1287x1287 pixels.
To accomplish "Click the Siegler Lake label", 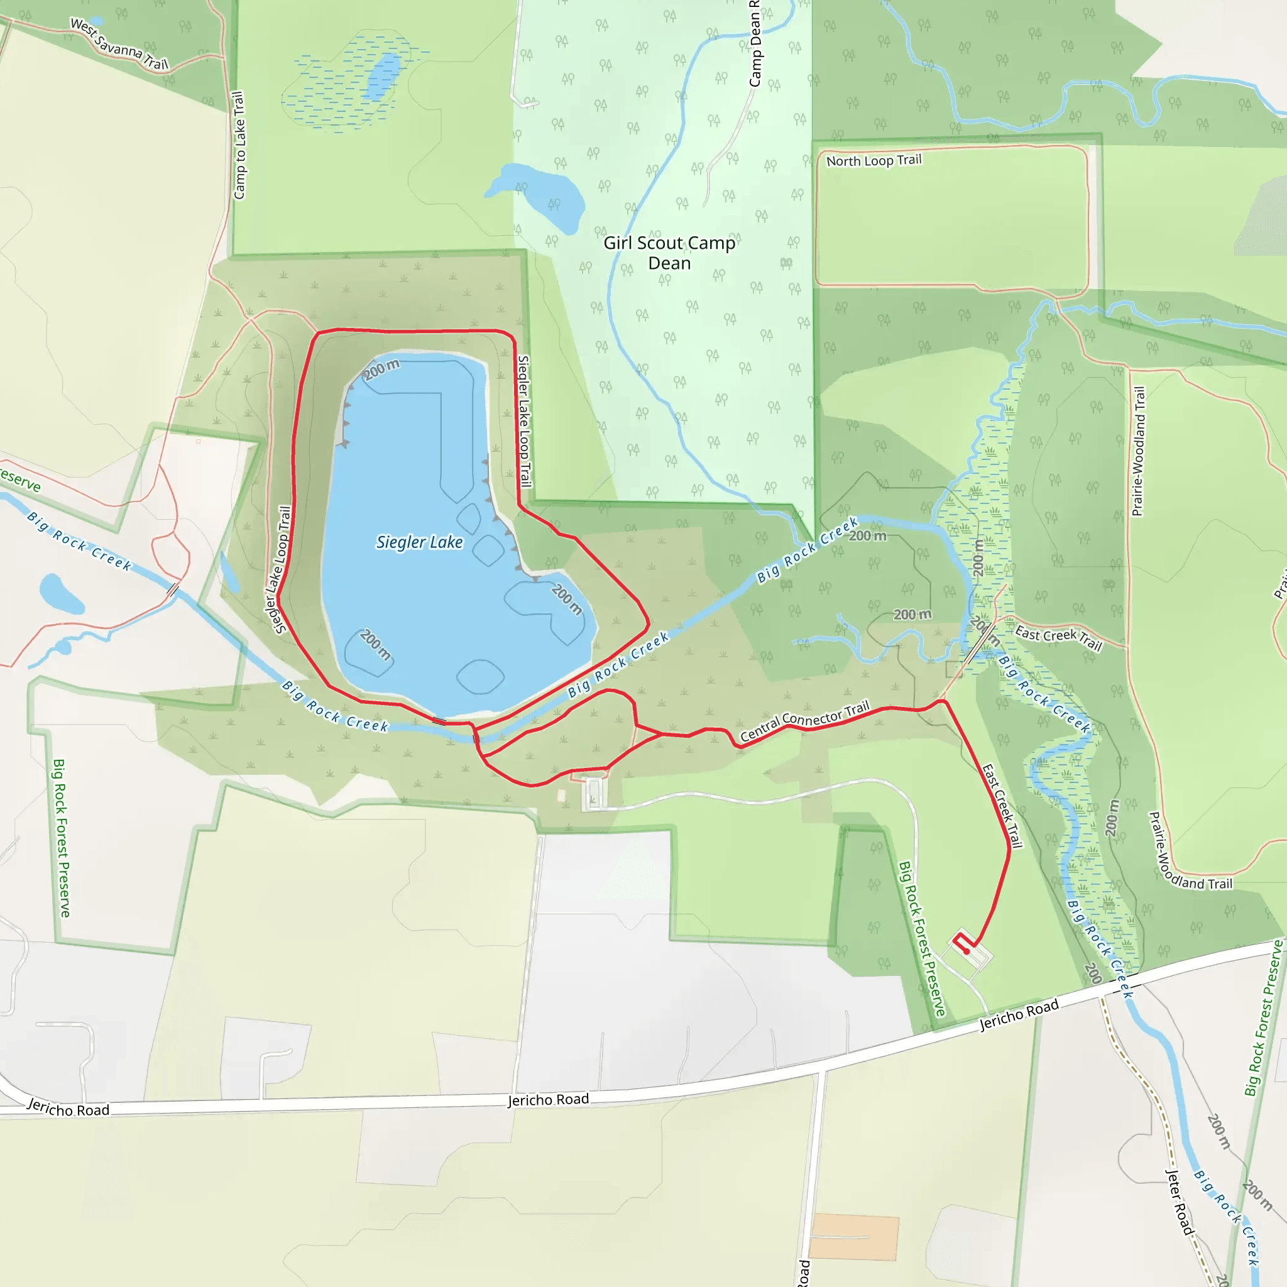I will point(419,542).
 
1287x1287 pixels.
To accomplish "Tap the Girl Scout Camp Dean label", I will point(669,253).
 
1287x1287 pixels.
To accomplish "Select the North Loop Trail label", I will point(874,160).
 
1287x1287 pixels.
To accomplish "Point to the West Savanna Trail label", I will point(119,45).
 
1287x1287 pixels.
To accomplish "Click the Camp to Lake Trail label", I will point(239,145).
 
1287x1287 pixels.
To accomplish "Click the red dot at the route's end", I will point(967,952).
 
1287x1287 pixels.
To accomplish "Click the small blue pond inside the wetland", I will point(385,77).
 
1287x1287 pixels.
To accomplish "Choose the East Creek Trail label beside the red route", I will point(1002,806).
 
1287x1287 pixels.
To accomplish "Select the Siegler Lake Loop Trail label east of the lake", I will point(525,421).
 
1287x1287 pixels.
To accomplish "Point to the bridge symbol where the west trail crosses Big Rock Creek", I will point(173,589).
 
